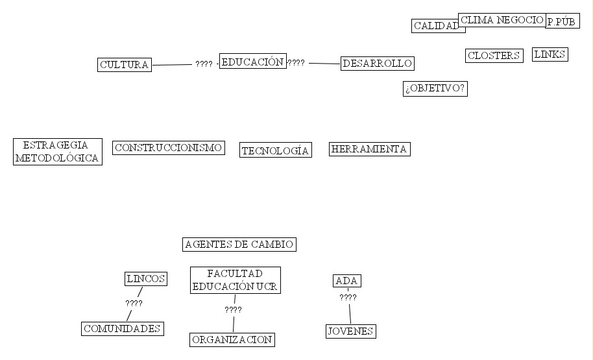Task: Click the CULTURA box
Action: point(125,65)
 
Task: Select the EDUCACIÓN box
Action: point(252,62)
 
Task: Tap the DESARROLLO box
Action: point(377,64)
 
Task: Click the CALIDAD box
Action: point(435,26)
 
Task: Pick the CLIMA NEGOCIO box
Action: point(502,20)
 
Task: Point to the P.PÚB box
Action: point(562,22)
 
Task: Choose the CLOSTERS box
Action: point(494,56)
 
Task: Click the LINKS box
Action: point(550,54)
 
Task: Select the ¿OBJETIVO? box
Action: point(435,89)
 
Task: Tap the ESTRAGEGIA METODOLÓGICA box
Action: point(58,152)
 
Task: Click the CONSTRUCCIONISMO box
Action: point(169,148)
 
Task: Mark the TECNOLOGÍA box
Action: point(275,150)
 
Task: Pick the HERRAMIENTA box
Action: point(369,149)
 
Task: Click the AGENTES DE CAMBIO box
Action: point(239,245)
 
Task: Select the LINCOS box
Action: point(146,279)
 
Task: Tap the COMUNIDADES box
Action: point(122,329)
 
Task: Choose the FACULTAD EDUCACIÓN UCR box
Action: point(236,280)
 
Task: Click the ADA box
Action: point(347,281)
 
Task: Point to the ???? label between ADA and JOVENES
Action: point(348,298)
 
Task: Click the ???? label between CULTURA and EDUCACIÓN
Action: point(204,64)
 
